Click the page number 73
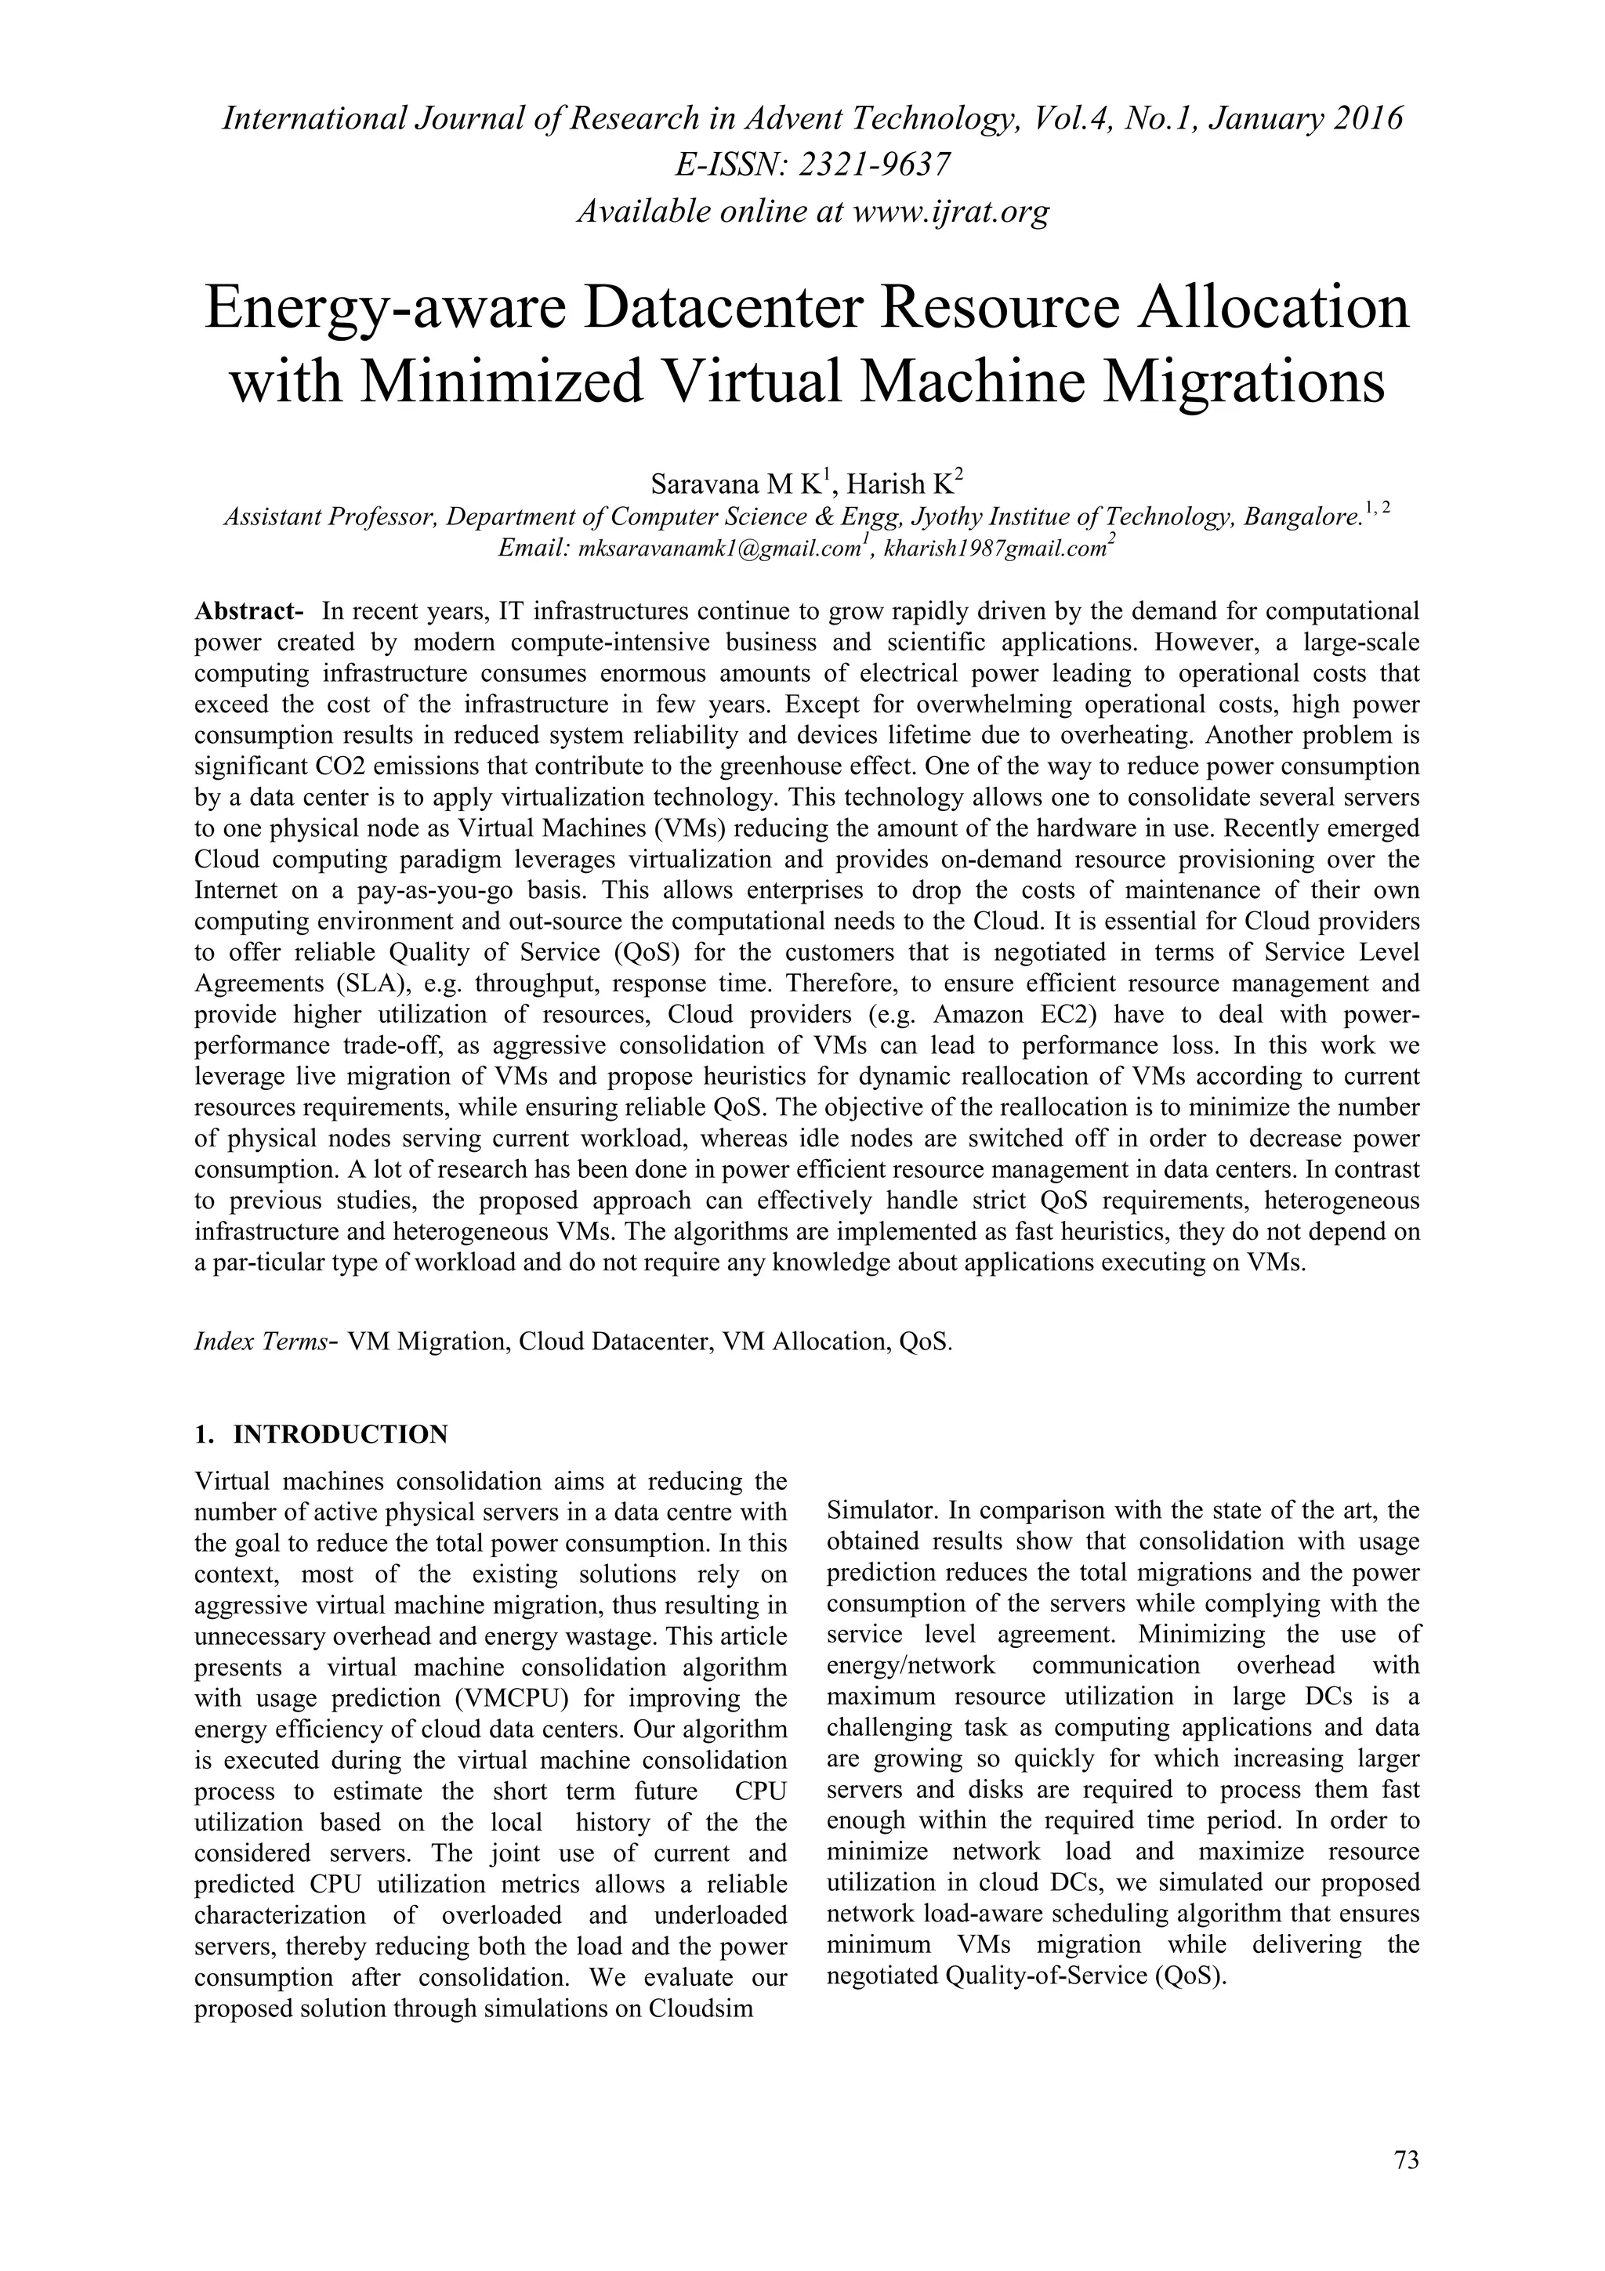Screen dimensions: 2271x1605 tap(1406, 2161)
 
